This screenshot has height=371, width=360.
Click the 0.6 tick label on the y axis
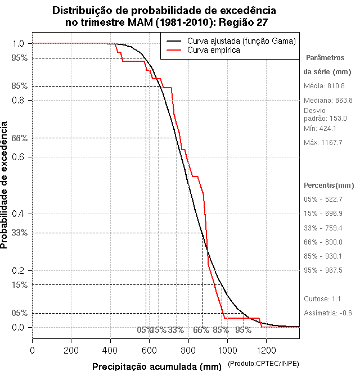(x=19, y=157)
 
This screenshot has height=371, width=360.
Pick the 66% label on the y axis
(x=19, y=138)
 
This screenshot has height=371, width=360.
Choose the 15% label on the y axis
(x=19, y=284)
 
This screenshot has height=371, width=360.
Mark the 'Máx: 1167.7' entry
(x=323, y=142)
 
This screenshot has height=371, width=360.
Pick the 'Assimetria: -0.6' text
(x=328, y=313)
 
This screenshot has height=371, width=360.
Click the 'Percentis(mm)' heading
(x=329, y=185)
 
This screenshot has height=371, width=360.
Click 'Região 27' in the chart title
(x=242, y=22)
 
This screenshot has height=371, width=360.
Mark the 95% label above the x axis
(x=243, y=330)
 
